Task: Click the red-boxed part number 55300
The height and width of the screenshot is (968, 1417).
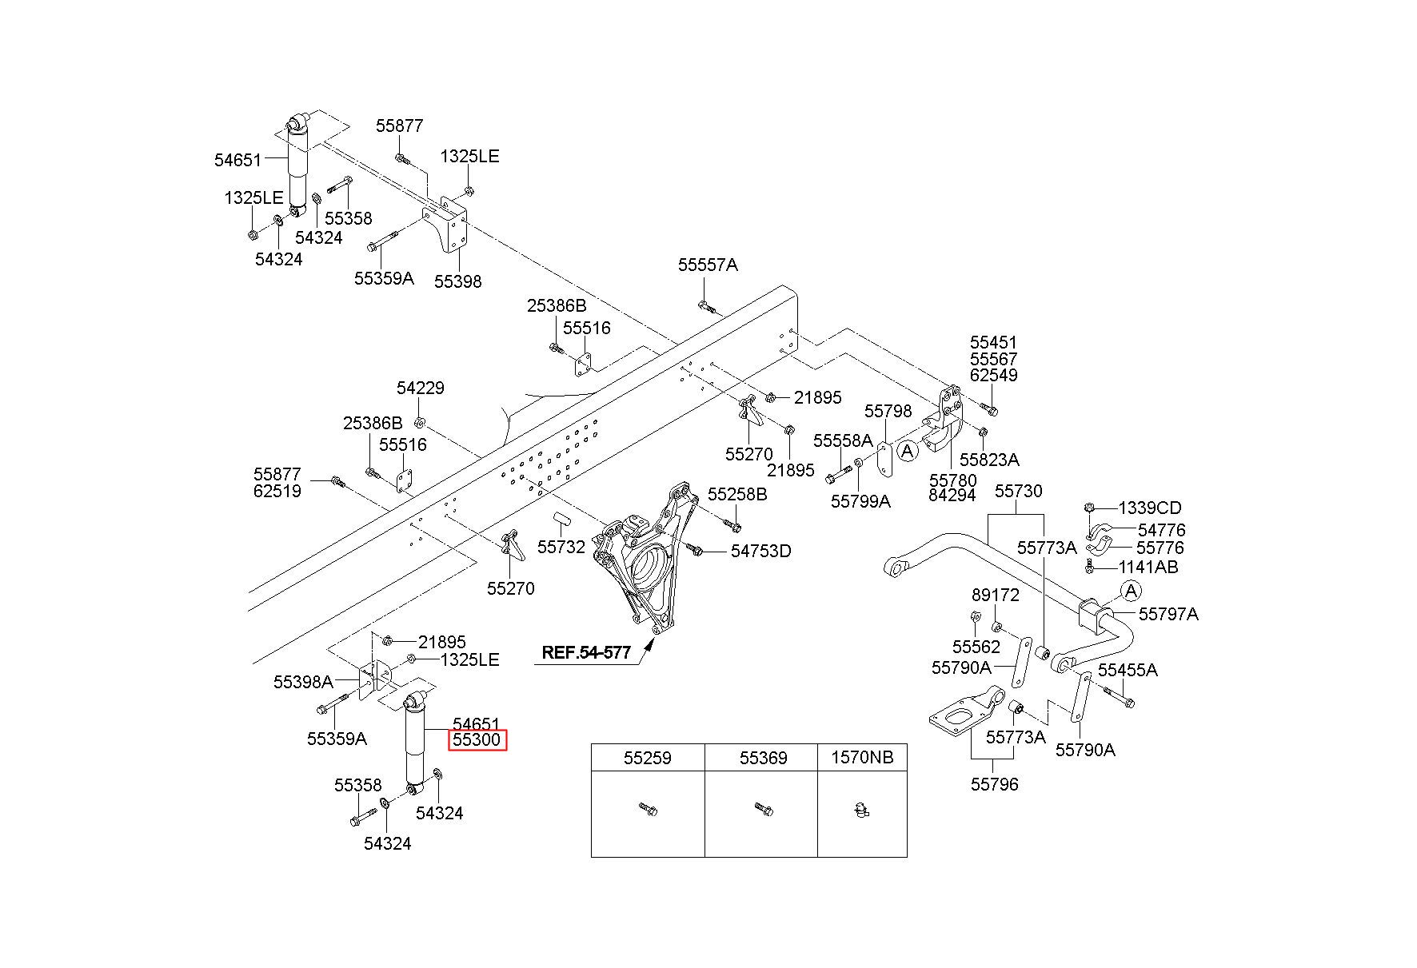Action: pyautogui.click(x=477, y=740)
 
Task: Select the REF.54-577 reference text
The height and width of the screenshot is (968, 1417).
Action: pyautogui.click(x=585, y=652)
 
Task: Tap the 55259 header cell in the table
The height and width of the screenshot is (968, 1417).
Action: pyautogui.click(x=648, y=758)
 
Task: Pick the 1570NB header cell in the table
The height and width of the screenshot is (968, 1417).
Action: pyautogui.click(x=862, y=758)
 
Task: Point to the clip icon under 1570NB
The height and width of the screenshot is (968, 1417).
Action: pyautogui.click(x=860, y=811)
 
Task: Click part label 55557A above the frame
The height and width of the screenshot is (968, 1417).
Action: pyautogui.click(x=708, y=265)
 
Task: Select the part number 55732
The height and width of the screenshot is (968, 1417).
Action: pyautogui.click(x=561, y=548)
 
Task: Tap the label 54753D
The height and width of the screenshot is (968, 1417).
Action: pyautogui.click(x=760, y=552)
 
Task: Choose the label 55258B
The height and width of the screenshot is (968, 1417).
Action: pyautogui.click(x=737, y=495)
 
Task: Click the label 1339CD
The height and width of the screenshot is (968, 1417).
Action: pyautogui.click(x=1149, y=508)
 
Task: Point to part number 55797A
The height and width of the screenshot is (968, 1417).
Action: pyautogui.click(x=1168, y=614)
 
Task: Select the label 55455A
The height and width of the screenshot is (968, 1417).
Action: pyautogui.click(x=1128, y=670)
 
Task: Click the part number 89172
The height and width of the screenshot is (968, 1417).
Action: pyautogui.click(x=996, y=596)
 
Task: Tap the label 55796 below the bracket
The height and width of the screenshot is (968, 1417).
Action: pyautogui.click(x=995, y=785)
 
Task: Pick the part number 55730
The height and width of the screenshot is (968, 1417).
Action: pyautogui.click(x=1018, y=492)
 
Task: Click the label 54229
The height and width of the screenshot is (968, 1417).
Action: pyautogui.click(x=421, y=388)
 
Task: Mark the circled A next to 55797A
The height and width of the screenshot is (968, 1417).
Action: pyautogui.click(x=1130, y=592)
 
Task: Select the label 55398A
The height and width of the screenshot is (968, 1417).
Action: pyautogui.click(x=303, y=682)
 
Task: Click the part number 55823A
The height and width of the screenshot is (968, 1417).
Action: pyautogui.click(x=989, y=460)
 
